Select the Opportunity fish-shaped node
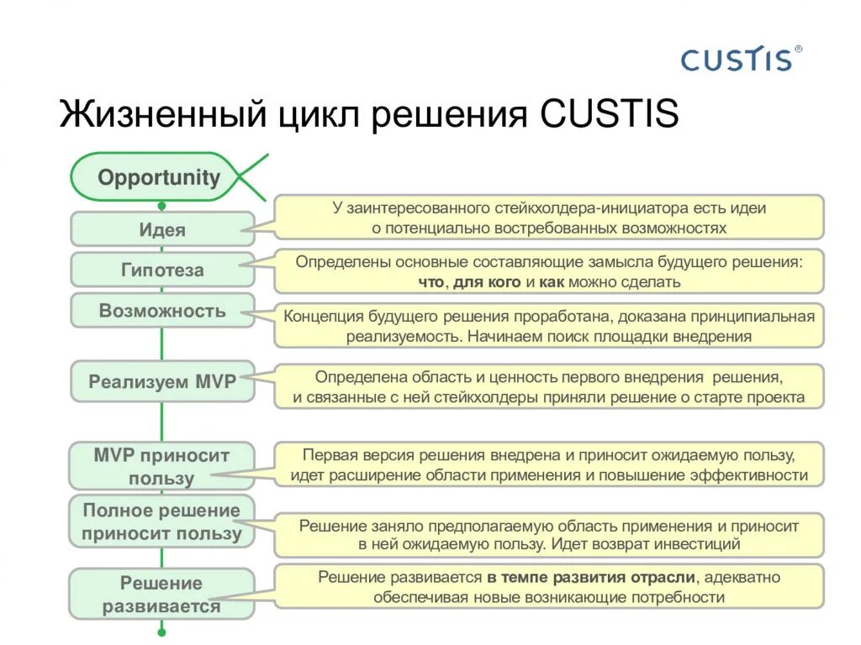[159, 178]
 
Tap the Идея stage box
[161, 229]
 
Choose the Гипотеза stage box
[161, 270]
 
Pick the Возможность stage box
[161, 311]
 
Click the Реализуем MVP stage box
[161, 381]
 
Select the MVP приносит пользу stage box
[161, 467]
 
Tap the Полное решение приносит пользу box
[161, 522]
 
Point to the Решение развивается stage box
[161, 595]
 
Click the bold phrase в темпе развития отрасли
[591, 578]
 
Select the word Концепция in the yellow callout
[324, 317]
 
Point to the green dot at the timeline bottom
[161, 632]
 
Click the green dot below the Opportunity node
[161, 205]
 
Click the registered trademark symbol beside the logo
[798, 50]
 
